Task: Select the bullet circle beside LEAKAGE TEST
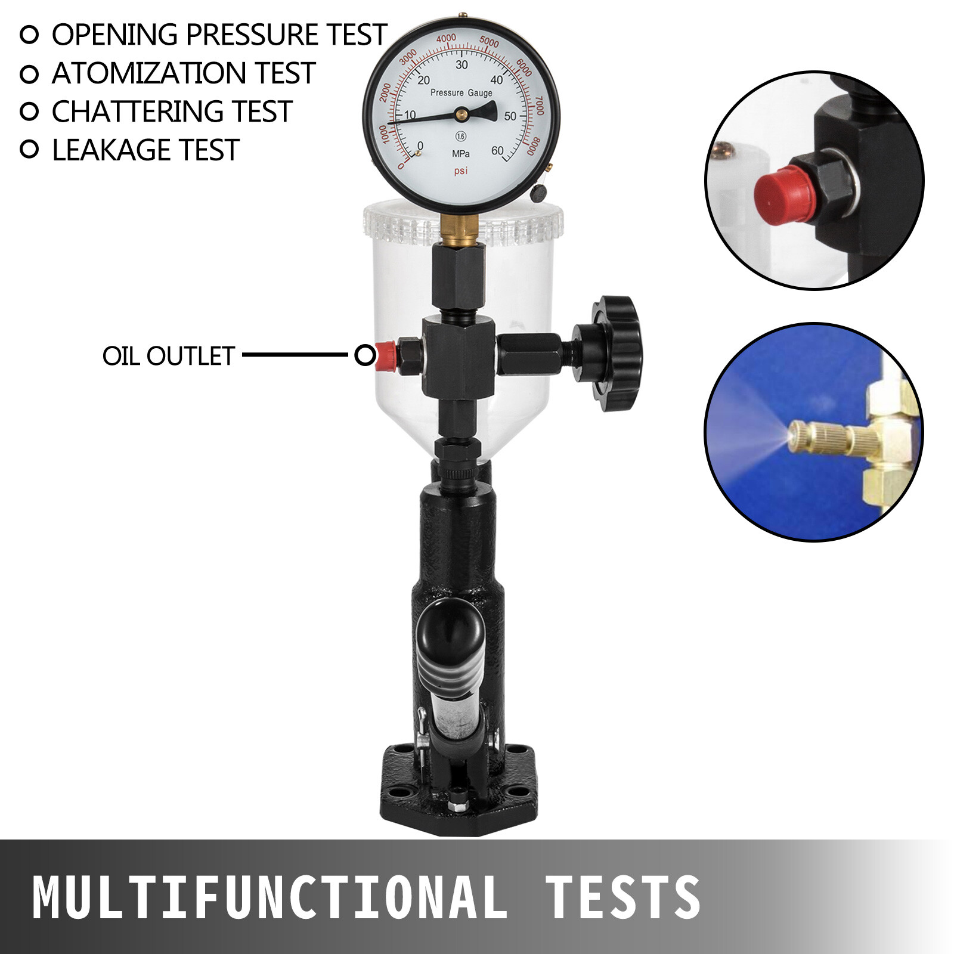(29, 150)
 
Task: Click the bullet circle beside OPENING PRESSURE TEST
(29, 35)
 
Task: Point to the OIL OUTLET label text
(169, 356)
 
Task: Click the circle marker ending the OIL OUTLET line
(364, 356)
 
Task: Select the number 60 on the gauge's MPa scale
(497, 151)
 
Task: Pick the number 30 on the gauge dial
(461, 65)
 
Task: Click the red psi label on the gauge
(461, 171)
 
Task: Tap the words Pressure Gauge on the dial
(461, 93)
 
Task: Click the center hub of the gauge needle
(461, 113)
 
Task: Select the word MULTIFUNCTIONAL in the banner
(268, 897)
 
